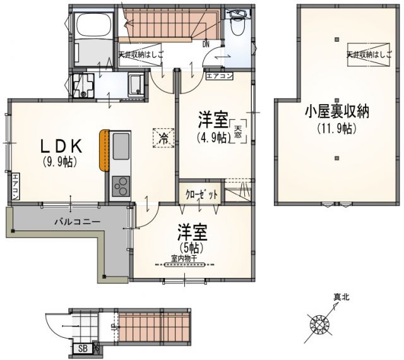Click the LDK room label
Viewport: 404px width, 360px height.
point(59,147)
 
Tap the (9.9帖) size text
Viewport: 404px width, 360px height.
point(59,162)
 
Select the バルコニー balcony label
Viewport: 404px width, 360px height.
point(73,222)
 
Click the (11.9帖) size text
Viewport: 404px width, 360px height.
point(337,128)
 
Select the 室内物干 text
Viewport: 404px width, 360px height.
point(184,258)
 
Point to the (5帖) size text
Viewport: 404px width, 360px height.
point(189,246)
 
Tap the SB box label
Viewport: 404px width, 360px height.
point(83,348)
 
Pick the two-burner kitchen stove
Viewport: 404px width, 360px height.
point(120,187)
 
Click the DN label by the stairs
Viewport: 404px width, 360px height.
point(206,44)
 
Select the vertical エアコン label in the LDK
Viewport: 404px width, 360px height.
point(15,187)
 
